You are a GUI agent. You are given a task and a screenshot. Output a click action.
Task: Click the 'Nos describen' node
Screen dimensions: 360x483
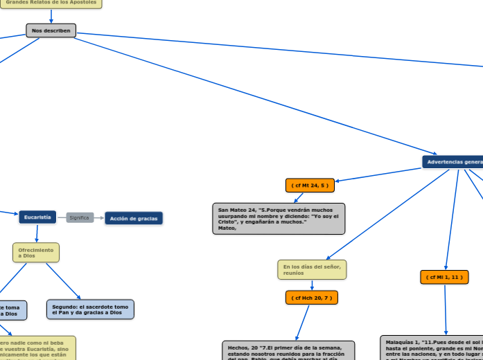coord(51,30)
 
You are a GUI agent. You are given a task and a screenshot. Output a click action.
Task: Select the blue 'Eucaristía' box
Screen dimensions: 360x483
coord(37,217)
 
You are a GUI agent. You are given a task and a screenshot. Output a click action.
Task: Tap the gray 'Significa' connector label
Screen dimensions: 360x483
coord(80,218)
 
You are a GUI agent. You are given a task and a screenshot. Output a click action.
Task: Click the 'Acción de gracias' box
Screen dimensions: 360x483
coord(134,219)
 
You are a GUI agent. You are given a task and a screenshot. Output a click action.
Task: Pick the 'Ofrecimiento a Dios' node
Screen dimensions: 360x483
coord(36,253)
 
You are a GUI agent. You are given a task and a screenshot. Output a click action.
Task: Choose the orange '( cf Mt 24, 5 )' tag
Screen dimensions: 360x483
coord(310,186)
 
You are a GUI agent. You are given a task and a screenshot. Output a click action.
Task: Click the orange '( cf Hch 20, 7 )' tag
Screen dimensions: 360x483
coord(310,298)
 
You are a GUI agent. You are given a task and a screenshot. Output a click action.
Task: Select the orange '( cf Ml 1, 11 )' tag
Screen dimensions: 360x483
coord(444,278)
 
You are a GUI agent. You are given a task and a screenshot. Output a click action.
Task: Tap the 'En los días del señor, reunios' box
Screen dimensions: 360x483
coord(312,270)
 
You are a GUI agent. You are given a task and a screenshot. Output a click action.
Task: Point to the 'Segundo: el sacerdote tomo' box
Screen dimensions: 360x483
coord(90,309)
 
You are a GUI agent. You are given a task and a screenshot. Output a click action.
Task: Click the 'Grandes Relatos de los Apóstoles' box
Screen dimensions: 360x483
coord(51,3)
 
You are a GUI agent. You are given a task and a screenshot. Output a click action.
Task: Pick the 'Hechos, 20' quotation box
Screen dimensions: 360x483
coord(288,350)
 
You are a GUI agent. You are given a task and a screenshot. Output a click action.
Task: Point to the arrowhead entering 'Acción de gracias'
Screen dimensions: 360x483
coord(102,218)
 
